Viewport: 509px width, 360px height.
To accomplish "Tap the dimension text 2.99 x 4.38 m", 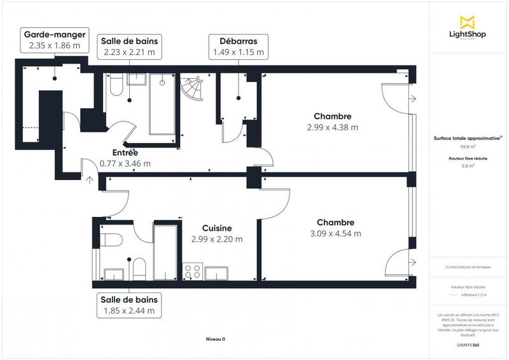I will point(332,127).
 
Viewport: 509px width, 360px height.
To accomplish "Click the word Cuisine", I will point(217,228).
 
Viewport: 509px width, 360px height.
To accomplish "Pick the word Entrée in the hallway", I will point(125,153).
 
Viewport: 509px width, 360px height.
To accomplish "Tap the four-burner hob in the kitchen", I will point(193,272).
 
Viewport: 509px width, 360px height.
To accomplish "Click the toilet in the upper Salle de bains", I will point(115,85).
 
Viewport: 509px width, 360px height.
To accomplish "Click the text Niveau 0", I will point(216,339).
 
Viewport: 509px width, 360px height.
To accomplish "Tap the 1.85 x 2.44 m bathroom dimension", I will point(129,311).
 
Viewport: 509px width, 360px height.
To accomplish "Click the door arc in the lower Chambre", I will point(398,261).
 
